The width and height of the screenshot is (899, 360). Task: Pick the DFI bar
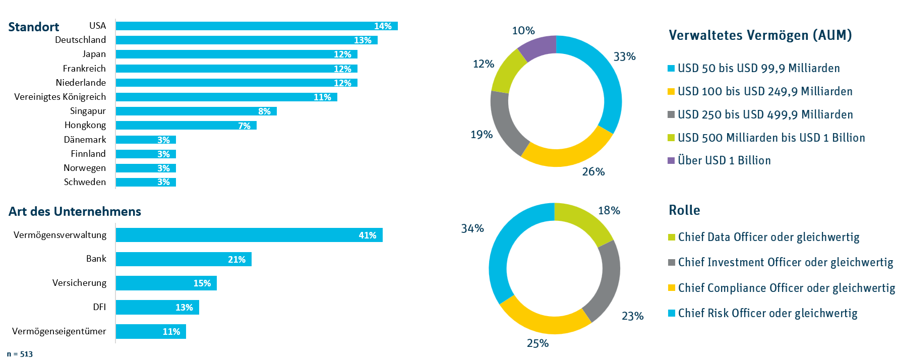(157, 307)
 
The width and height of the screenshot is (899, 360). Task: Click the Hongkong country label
(85, 125)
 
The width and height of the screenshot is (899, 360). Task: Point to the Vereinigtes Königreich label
(60, 97)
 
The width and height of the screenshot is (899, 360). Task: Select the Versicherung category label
(79, 283)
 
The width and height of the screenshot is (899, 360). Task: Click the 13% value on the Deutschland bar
(363, 40)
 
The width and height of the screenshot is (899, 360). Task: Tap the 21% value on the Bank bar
(236, 260)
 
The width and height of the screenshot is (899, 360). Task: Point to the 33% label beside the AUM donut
(624, 56)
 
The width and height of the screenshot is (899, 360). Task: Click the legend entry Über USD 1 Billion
(724, 160)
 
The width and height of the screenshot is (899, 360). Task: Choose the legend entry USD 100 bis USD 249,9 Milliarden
(764, 91)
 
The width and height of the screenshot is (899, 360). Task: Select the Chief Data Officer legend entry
(768, 237)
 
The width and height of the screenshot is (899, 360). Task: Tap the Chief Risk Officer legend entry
(767, 313)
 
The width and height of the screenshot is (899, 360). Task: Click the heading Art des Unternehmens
(75, 211)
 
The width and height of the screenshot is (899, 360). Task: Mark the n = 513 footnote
(20, 354)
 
